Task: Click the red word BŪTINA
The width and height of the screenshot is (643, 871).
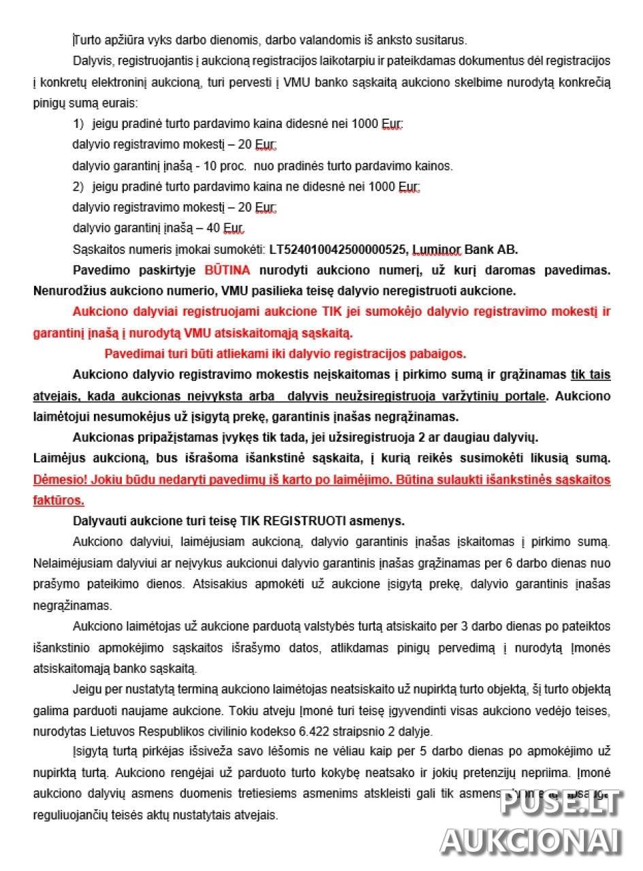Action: pyautogui.click(x=227, y=270)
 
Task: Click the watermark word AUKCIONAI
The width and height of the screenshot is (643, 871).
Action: pyautogui.click(x=531, y=841)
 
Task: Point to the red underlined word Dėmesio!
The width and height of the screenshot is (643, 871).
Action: pyautogui.click(x=59, y=479)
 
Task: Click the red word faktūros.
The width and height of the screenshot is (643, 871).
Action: pyautogui.click(x=59, y=500)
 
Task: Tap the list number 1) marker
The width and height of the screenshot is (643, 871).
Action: pyautogui.click(x=78, y=124)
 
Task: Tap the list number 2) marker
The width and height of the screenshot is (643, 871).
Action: pyautogui.click(x=78, y=186)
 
